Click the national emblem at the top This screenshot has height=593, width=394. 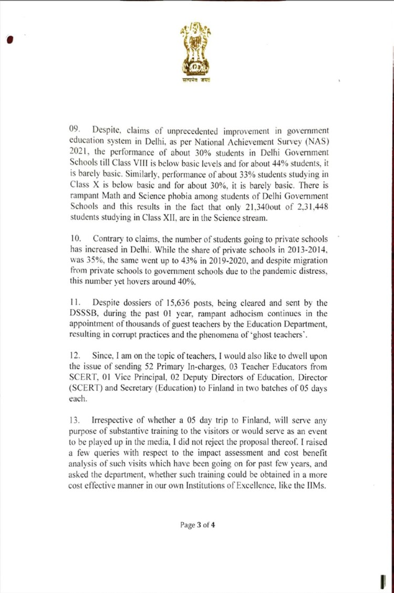[x=196, y=53]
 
